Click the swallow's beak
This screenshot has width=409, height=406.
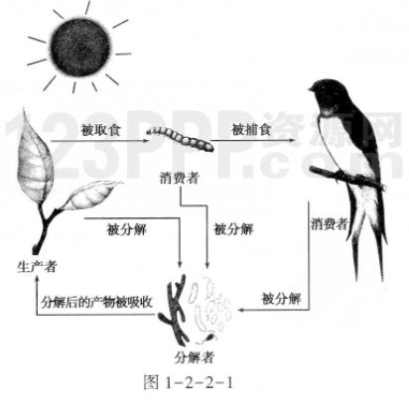(x=312, y=88)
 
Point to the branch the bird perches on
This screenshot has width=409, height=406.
(x=346, y=179)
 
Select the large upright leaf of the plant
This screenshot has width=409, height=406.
(x=35, y=157)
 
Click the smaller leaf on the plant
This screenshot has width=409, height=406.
(x=91, y=196)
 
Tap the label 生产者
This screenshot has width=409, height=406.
(x=37, y=266)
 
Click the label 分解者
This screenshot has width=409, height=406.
(x=195, y=357)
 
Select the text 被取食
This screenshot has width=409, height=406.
(x=101, y=129)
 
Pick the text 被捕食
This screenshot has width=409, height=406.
(x=251, y=129)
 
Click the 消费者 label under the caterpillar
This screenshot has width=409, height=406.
(x=180, y=178)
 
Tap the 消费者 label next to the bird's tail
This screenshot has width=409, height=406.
(x=329, y=224)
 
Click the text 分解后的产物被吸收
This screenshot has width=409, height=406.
(x=96, y=302)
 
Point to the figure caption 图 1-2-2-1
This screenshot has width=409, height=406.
(x=189, y=383)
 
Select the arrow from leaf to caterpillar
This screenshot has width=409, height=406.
(x=100, y=141)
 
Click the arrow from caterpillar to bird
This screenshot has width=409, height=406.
(x=252, y=140)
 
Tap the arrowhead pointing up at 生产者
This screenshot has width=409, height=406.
(x=37, y=280)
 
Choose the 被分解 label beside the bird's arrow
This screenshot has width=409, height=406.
(x=281, y=299)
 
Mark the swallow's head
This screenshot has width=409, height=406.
(x=323, y=93)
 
